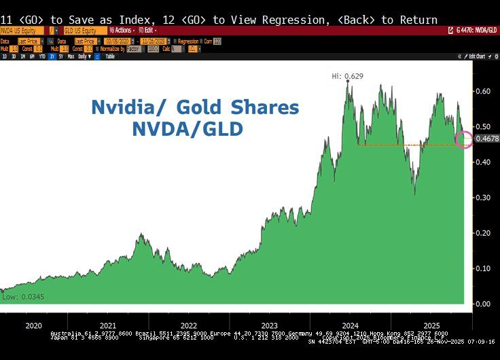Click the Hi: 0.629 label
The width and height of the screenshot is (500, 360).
click(x=348, y=76)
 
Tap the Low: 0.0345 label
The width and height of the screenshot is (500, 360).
click(x=19, y=297)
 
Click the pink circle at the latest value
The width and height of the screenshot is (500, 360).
click(x=465, y=140)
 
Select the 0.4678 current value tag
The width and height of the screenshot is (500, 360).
click(x=485, y=139)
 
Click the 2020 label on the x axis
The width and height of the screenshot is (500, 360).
click(x=33, y=326)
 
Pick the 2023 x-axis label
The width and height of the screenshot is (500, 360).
click(x=269, y=326)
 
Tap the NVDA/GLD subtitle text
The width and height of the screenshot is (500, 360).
click(x=187, y=128)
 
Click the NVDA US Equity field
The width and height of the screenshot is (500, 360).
click(x=20, y=31)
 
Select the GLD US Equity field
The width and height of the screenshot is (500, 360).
click(x=81, y=31)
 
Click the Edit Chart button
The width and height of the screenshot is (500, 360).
click(x=475, y=56)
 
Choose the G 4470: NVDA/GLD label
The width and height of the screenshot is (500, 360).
click(x=476, y=31)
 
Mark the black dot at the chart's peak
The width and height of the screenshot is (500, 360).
click(x=348, y=82)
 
